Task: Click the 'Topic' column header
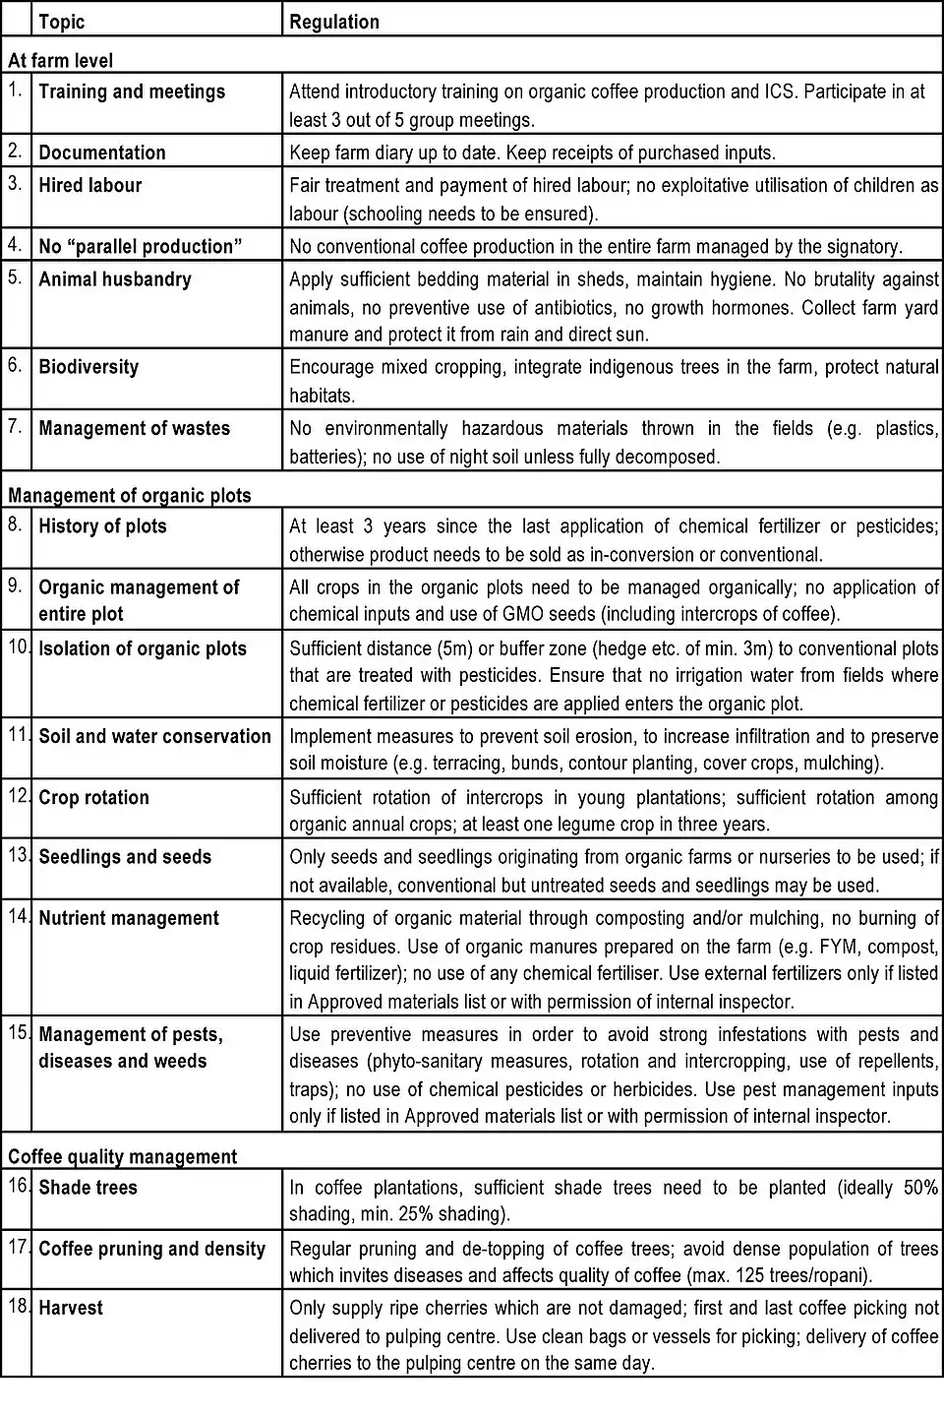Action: (61, 21)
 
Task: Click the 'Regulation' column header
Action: (333, 21)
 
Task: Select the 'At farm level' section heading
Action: (60, 60)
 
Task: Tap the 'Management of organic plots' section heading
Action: (129, 495)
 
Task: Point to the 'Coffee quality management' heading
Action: (122, 1156)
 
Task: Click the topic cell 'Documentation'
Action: (101, 153)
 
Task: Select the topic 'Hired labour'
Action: (89, 185)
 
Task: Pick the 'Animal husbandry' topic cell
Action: (114, 279)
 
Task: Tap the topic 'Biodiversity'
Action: (88, 367)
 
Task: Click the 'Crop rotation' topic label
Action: (93, 797)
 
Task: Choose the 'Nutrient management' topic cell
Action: (128, 918)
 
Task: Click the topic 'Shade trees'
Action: (88, 1188)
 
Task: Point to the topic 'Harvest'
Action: (71, 1308)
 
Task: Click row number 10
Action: (17, 648)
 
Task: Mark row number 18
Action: (17, 1307)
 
